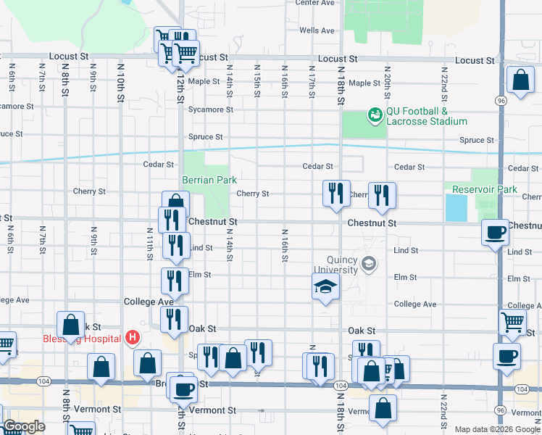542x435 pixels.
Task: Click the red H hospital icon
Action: (133, 337)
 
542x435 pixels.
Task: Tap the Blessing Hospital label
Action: (91, 339)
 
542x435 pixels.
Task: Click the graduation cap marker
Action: (325, 287)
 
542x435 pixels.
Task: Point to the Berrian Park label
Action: (209, 180)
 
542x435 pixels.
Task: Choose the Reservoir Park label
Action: (484, 189)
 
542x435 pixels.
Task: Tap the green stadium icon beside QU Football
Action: (375, 115)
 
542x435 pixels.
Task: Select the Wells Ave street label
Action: (317, 30)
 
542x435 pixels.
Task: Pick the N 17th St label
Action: (312, 81)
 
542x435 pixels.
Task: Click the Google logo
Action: (24, 426)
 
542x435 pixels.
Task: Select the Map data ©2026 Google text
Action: (497, 429)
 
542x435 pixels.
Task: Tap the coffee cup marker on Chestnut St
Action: (496, 233)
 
